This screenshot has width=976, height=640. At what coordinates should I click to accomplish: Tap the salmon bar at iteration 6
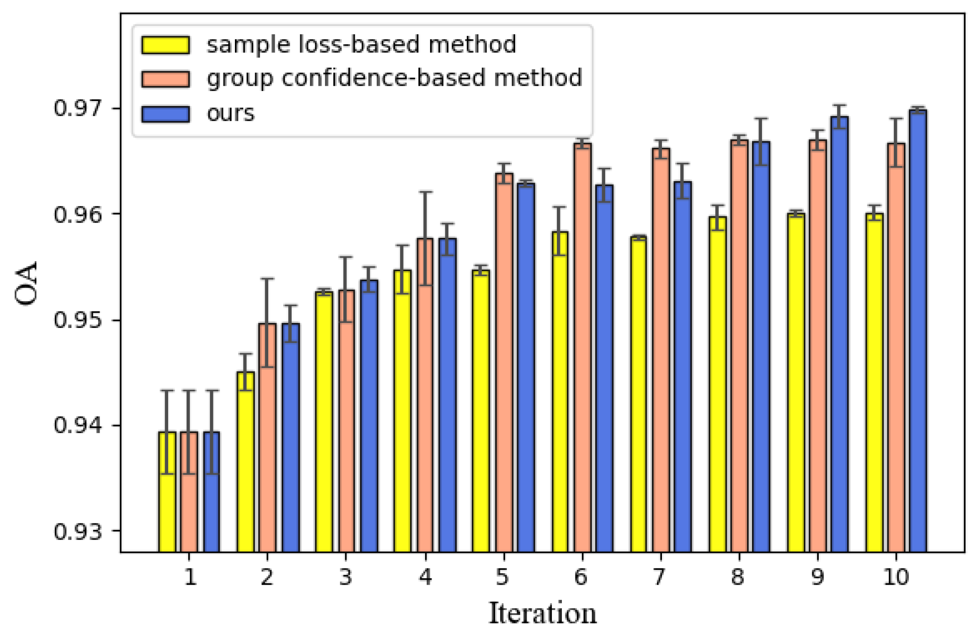click(582, 348)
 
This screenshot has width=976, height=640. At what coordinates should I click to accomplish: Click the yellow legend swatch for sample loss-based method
click(165, 45)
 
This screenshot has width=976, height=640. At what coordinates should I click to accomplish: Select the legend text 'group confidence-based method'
click(394, 78)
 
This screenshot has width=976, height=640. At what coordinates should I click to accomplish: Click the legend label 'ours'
click(230, 113)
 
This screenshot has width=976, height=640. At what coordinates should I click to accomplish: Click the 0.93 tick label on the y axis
click(77, 532)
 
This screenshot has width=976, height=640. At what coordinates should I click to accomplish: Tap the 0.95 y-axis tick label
click(77, 320)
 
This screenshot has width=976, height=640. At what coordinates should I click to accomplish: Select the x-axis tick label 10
click(896, 577)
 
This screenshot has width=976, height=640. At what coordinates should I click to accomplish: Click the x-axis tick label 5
click(503, 577)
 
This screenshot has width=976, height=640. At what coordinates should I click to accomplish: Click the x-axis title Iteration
click(542, 613)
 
